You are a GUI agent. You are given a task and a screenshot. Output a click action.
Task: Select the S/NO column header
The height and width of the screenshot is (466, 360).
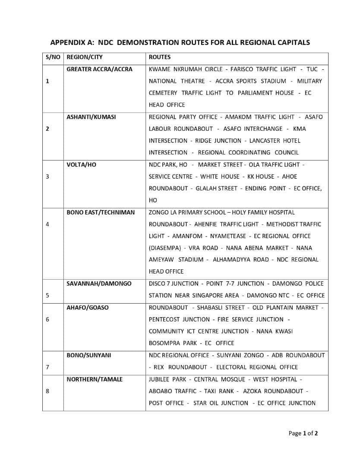[53, 57]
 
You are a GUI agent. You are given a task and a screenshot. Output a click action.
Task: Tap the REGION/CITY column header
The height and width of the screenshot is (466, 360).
[85, 57]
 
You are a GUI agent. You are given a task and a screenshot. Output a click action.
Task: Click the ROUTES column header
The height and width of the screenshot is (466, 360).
[159, 57]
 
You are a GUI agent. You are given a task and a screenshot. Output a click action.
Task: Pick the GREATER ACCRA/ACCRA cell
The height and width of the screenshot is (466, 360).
[99, 69]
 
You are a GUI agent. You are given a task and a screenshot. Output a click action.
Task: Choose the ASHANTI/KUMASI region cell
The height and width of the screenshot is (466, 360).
[91, 117]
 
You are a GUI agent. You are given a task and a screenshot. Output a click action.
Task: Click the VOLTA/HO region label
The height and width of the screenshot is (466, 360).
[81, 164]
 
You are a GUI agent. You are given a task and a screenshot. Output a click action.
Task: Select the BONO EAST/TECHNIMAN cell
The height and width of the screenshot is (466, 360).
[101, 212]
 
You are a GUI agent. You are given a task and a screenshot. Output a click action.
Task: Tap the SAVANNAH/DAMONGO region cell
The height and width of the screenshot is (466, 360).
[99, 283]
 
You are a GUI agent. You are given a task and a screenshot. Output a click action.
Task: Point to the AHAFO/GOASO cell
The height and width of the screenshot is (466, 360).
[88, 308]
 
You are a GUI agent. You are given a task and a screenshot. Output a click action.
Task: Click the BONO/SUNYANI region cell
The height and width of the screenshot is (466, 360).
[88, 355]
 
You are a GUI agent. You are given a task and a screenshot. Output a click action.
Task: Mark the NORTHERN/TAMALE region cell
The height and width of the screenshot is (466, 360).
[95, 379]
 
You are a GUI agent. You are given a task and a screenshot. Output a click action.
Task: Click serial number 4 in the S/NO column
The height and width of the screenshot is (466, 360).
[47, 224]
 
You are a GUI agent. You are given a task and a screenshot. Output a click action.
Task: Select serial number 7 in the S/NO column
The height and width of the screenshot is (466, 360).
[47, 367]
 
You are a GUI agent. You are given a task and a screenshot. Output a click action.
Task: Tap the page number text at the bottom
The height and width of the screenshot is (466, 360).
[303, 434]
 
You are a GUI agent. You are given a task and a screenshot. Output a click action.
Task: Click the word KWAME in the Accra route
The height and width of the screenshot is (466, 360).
[158, 69]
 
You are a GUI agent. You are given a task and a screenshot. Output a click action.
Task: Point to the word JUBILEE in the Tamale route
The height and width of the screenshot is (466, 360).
[159, 379]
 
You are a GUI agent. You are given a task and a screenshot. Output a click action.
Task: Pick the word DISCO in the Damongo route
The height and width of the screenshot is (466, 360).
[157, 283]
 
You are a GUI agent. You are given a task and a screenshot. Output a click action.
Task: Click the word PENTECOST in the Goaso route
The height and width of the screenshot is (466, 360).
[164, 319]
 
